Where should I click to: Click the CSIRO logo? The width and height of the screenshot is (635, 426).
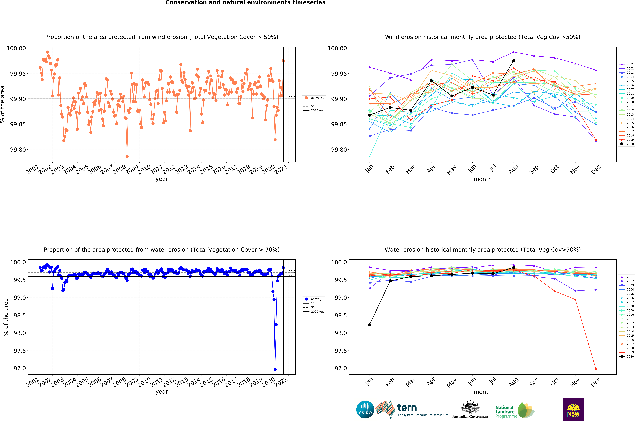[x=365, y=409]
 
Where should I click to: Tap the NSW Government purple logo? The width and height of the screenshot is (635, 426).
[x=573, y=409]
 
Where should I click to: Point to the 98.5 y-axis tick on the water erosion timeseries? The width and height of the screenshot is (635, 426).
[x=20, y=315]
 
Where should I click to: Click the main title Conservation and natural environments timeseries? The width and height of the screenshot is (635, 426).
[x=245, y=3]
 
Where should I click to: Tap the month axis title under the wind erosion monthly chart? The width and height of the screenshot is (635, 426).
[x=483, y=179]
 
